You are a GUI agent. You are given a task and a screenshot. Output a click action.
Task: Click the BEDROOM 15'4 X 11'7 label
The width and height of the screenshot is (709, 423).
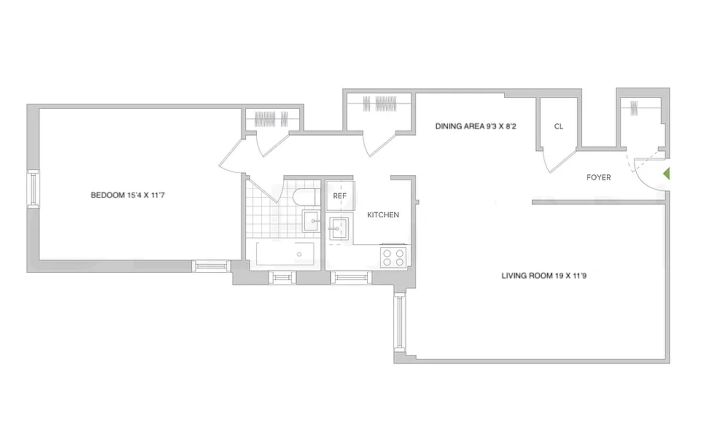(128, 195)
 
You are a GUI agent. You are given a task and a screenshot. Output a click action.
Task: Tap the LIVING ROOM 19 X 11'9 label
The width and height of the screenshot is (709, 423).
(544, 276)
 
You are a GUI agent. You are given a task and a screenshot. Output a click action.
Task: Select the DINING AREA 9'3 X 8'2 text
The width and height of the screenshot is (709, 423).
(476, 127)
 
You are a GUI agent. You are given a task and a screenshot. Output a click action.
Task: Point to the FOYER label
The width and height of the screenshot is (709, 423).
(598, 178)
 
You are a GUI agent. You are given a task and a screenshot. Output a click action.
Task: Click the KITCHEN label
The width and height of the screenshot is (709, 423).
(383, 215)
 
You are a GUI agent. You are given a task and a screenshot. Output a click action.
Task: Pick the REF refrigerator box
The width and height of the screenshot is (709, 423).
(340, 196)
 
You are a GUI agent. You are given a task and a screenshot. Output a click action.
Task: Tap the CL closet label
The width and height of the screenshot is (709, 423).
(559, 127)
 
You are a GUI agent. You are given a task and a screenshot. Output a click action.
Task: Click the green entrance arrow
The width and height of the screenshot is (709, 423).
(666, 174)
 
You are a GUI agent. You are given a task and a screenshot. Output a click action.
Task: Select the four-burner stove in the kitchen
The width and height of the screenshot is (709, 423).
(393, 258)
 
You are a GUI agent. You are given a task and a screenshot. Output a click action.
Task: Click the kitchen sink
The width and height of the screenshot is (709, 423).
(339, 229)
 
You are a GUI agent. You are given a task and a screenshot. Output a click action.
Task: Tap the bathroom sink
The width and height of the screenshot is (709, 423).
(311, 221)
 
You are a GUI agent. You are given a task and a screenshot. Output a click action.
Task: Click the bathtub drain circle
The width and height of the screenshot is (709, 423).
(299, 254)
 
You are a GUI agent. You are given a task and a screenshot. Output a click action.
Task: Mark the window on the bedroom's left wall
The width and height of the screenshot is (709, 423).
(33, 189)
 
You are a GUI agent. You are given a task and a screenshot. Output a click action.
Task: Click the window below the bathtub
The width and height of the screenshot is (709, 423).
(282, 277)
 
